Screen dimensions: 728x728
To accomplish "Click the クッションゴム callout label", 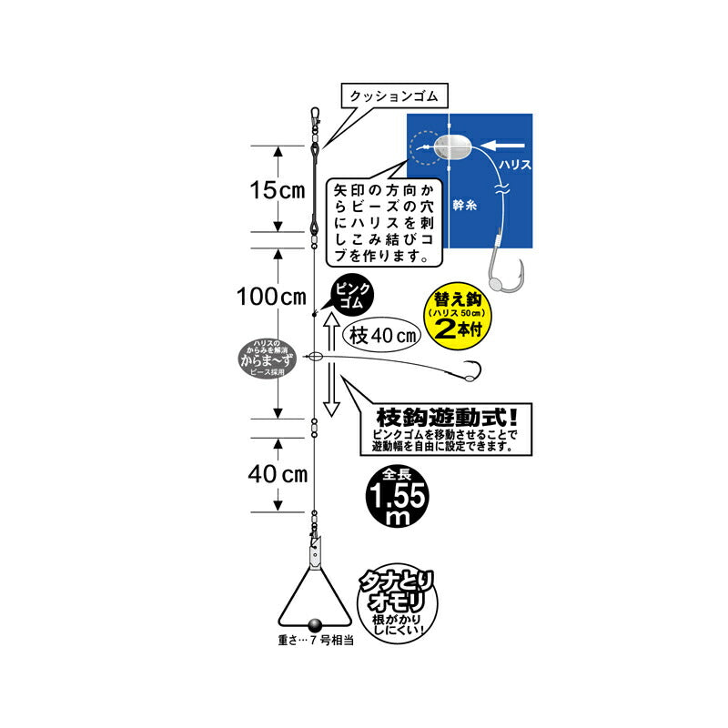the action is pos(394,96).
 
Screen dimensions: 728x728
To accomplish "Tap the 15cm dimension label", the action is pos(278,190).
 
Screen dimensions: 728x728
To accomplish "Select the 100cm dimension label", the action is pos(271,297).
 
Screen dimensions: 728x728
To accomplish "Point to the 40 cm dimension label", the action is pos(278,474).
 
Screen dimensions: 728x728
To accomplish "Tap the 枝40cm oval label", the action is pos(381,335).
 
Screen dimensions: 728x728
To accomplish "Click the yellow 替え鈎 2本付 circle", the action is pos(458,315).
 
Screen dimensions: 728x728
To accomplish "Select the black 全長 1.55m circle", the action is pos(397,497).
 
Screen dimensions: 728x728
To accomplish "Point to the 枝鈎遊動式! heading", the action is pos(446,417).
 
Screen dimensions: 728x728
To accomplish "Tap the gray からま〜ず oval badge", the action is pos(266,360).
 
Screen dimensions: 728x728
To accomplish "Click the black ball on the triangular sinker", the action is pos(315,623).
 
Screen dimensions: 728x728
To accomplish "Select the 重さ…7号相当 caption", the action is pos(316,641).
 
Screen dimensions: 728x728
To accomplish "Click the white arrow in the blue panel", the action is pos(504,146).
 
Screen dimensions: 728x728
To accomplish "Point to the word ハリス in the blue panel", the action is pos(514,165).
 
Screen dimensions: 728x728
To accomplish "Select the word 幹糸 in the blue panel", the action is pos(465,206).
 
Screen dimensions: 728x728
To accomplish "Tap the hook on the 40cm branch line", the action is pos(470,371).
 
